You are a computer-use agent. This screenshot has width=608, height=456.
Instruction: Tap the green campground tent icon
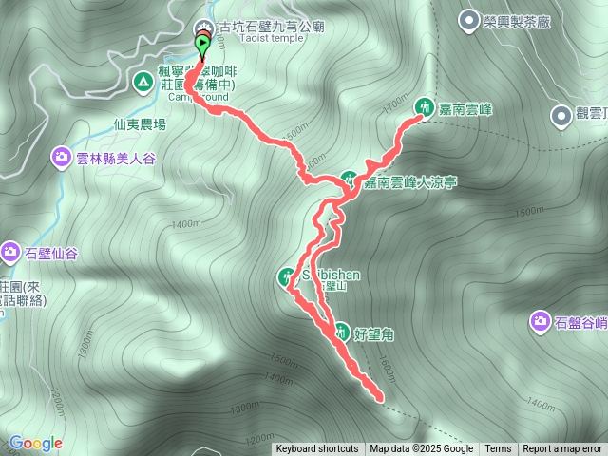(142, 83)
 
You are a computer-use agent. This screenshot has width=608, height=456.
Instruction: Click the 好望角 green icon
(340, 332)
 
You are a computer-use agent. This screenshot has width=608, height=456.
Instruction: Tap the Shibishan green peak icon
(285, 277)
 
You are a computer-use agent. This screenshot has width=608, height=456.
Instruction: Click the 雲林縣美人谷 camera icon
(62, 157)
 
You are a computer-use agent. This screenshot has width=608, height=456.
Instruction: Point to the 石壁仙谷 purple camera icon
(10, 252)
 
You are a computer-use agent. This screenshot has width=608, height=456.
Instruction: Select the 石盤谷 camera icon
(540, 323)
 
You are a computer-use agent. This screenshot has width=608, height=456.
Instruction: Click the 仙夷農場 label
(140, 124)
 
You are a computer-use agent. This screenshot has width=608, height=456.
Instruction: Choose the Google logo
(35, 443)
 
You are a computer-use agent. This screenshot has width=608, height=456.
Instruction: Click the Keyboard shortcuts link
(317, 449)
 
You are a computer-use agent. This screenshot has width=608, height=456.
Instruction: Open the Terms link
(498, 449)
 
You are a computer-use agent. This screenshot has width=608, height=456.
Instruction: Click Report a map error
(562, 449)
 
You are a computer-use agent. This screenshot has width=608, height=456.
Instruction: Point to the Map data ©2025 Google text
(421, 449)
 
